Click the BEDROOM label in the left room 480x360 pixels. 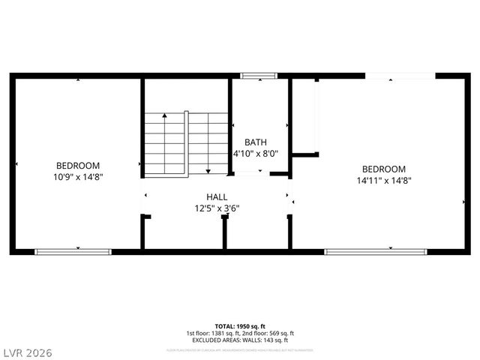[x=78, y=165]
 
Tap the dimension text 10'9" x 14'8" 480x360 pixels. [x=78, y=177]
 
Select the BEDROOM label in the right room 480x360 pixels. [x=383, y=169]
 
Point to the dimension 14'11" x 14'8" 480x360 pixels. [x=383, y=180]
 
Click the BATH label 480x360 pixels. [x=256, y=142]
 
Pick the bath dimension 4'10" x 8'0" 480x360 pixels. [x=256, y=153]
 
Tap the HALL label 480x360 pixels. [x=217, y=196]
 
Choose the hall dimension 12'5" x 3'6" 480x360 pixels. [x=217, y=208]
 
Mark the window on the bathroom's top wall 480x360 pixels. [x=259, y=75]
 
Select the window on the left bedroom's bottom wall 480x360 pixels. [x=73, y=251]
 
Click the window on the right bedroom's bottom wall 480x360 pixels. [x=365, y=251]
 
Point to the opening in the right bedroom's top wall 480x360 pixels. [x=400, y=75]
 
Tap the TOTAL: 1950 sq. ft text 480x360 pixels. [x=239, y=326]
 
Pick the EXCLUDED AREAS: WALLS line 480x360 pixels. [x=239, y=340]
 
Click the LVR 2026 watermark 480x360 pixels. [x=28, y=351]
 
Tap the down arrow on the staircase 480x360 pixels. [x=208, y=169]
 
